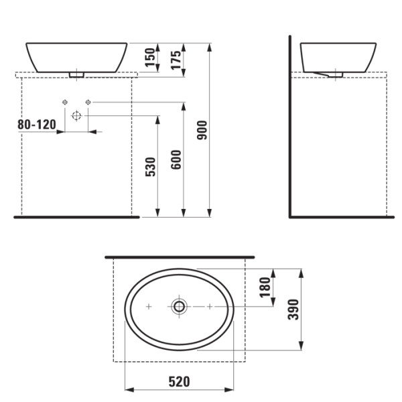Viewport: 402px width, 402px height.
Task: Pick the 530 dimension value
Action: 150,167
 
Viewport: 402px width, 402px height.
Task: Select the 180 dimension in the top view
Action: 265,287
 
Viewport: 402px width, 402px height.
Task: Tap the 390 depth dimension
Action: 292,309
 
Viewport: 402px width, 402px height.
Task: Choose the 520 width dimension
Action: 179,382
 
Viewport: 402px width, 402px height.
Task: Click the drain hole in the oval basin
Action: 179,306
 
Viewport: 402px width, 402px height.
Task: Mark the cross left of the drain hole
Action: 149,306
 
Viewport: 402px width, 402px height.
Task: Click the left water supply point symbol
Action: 65,102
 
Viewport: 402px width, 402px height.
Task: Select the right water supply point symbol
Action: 88,102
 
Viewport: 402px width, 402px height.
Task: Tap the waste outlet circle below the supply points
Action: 76,116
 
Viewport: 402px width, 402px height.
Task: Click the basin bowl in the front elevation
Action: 77,56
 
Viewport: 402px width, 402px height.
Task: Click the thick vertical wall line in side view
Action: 290,127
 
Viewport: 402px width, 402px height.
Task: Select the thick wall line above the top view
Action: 180,257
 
